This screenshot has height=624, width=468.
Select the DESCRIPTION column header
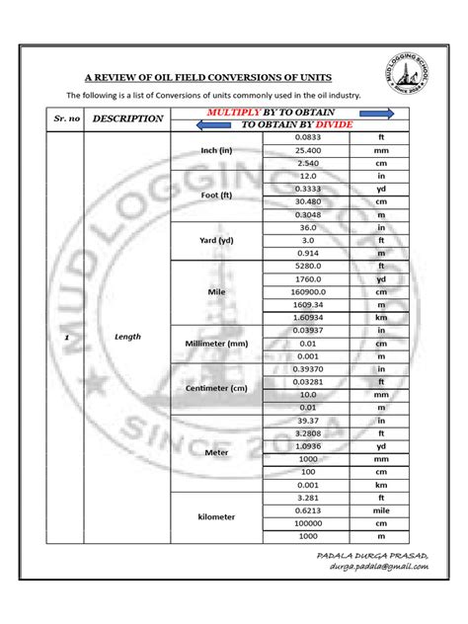click(127, 118)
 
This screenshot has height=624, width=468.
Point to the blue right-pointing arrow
click(356, 113)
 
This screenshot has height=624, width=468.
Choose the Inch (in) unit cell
click(216, 150)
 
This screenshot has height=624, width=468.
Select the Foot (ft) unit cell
click(216, 195)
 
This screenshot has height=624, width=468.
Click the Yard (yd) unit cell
click(216, 240)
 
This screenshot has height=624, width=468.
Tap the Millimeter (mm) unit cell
click(216, 343)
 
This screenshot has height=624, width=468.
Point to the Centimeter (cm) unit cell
click(216, 388)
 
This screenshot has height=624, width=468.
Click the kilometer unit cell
click(216, 516)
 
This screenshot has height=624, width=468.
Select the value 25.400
click(308, 150)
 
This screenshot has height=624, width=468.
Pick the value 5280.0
click(308, 266)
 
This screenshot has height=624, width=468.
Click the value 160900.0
click(308, 291)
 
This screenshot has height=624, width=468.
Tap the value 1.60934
click(308, 317)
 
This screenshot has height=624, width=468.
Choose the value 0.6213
click(308, 509)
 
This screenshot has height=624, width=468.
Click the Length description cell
click(127, 337)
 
